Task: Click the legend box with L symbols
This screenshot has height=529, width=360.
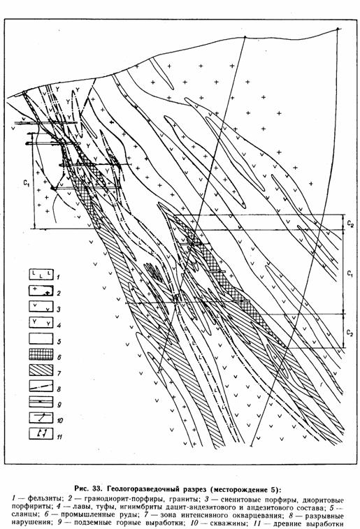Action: [41, 275]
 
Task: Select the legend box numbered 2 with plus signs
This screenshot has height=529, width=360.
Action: [41, 291]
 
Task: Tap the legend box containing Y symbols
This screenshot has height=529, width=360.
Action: [41, 323]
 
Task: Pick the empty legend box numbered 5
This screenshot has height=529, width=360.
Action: [41, 339]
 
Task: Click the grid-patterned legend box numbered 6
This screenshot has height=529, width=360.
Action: [41, 354]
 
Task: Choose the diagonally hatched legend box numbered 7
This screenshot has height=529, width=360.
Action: [41, 370]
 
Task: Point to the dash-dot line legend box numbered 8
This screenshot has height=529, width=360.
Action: [41, 386]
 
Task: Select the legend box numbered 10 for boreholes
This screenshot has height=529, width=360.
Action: [41, 419]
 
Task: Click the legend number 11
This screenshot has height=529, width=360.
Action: [59, 437]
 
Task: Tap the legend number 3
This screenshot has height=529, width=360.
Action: [59, 310]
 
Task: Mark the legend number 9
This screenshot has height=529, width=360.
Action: [59, 405]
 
